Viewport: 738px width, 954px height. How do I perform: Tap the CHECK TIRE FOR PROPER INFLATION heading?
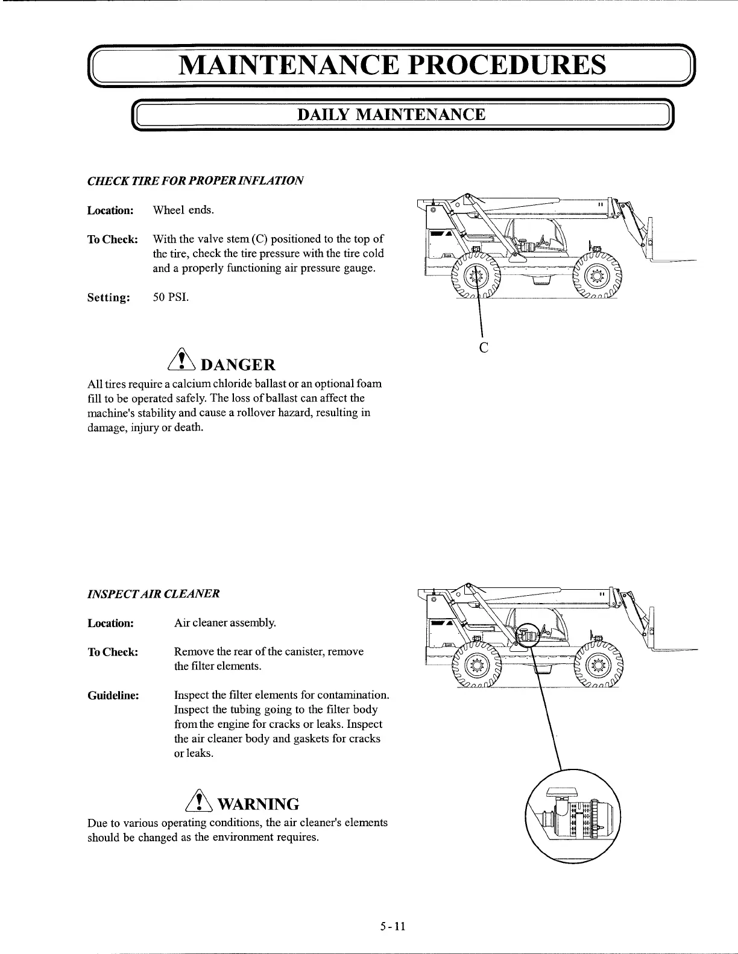pos(195,180)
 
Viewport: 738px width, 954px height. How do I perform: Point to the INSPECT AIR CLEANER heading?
pos(154,593)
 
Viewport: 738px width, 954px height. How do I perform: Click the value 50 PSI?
pos(171,297)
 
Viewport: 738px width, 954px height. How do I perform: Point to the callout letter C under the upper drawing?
pos(482,347)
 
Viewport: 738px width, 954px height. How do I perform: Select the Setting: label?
pos(109,297)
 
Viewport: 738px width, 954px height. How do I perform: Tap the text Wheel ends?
pos(183,210)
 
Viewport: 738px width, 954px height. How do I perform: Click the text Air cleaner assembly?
pos(225,623)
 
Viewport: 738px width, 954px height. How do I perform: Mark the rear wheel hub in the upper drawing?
pos(476,277)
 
